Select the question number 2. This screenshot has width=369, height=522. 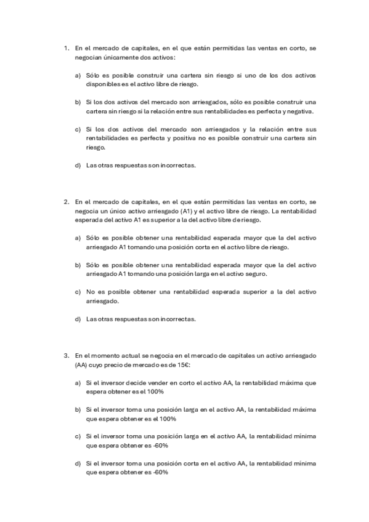click(66, 201)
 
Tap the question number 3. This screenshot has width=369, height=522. click(66, 355)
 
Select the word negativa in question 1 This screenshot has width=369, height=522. click(298, 111)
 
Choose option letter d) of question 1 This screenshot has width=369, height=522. click(78, 165)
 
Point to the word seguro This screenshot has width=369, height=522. click(275, 274)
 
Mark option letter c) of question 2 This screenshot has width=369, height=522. click(78, 292)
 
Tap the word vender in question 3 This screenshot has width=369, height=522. click(158, 382)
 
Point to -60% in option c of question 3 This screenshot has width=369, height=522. click(159, 445)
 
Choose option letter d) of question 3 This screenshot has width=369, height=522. click(78, 463)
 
